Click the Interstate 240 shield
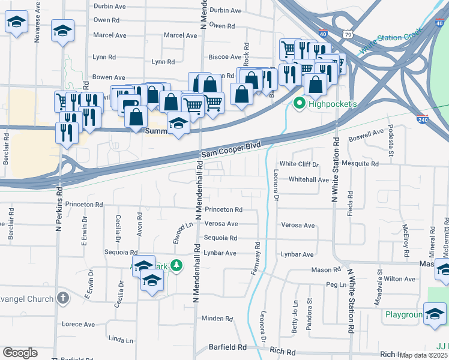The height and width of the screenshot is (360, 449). (423, 120)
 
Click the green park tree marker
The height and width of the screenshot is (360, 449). (176, 265)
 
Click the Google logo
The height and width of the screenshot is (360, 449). (20, 353)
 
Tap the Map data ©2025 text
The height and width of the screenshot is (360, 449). (424, 355)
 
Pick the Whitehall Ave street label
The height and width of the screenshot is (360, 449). (309, 179)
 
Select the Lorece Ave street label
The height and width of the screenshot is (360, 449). (79, 324)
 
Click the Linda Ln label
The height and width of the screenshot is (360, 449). (120, 340)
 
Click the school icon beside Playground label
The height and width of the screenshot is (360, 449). (434, 313)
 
